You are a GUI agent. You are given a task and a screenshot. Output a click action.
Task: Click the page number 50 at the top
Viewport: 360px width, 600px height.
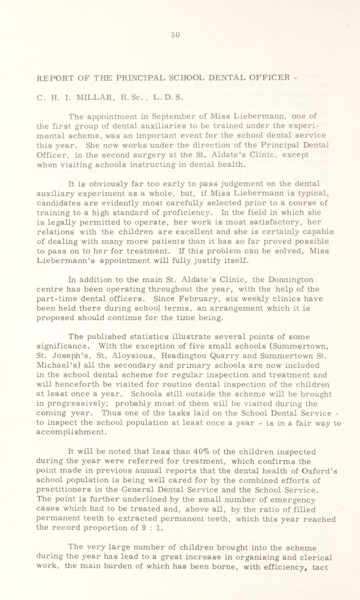click(182, 23)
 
